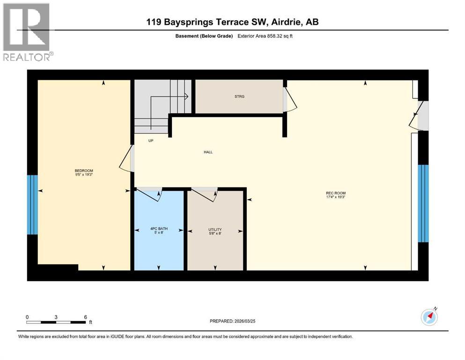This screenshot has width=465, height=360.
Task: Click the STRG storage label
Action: tap(239, 97)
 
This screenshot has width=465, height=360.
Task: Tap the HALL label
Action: tap(208, 152)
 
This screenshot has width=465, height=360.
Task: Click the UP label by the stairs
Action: tap(151, 140)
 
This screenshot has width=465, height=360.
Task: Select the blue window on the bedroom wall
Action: tap(32, 204)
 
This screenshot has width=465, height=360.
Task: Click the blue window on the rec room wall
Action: tap(423, 203)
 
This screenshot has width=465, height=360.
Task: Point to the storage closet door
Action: tap(289, 99)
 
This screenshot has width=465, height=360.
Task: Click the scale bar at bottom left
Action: tap(56, 322)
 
